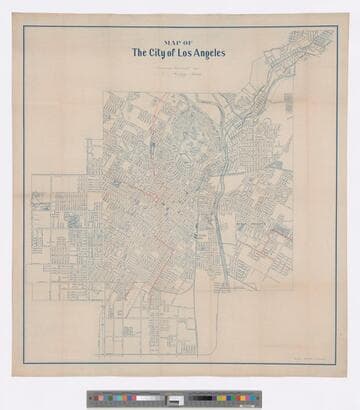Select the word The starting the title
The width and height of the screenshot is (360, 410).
point(136,54)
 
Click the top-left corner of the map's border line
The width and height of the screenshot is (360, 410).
point(24,26)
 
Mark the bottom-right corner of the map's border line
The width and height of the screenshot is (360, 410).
point(336,364)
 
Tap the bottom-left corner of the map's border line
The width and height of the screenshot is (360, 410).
point(24,364)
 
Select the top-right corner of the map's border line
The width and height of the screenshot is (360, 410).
point(336,26)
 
